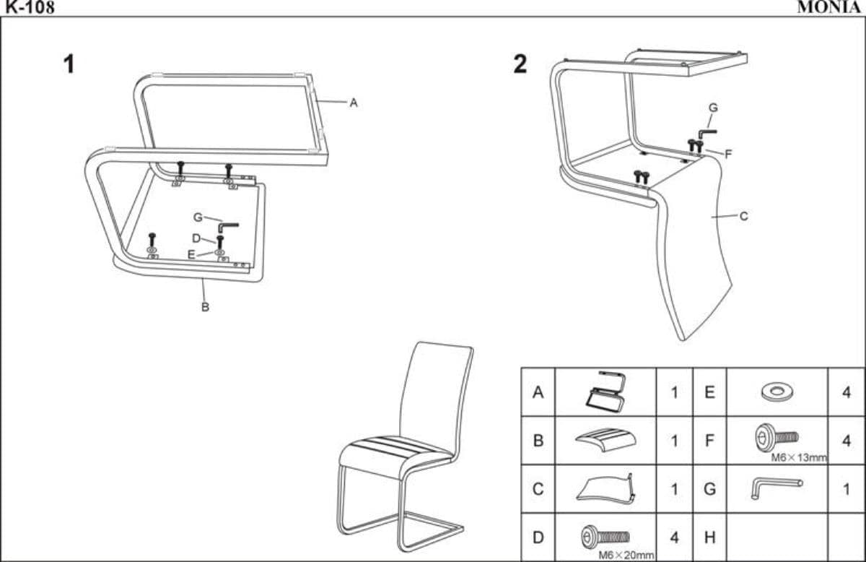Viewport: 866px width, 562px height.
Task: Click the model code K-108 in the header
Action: tap(27, 7)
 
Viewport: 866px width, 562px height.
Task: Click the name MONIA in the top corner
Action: tap(829, 7)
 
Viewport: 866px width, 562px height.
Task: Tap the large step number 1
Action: tap(69, 64)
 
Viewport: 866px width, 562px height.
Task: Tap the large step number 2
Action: tap(520, 64)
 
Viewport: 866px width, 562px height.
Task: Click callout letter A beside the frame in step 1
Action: tap(354, 103)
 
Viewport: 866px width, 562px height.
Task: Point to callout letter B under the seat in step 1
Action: tap(205, 307)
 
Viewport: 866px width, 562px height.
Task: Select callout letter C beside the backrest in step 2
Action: tap(744, 216)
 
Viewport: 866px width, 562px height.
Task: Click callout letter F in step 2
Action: tap(729, 154)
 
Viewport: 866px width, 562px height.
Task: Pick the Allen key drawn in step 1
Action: tap(228, 226)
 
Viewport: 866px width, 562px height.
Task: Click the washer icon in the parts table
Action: tap(777, 392)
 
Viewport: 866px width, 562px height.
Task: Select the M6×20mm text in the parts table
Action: tap(626, 555)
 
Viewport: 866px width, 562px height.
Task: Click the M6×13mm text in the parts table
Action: tap(798, 457)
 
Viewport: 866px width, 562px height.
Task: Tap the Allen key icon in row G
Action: tap(775, 487)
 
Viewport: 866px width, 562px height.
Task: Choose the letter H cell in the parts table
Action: tap(709, 537)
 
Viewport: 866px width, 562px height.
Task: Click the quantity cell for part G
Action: tap(846, 489)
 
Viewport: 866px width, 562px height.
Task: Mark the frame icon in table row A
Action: tap(605, 392)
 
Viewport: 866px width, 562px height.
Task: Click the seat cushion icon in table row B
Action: tap(605, 438)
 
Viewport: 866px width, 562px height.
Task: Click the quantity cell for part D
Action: tap(674, 537)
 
